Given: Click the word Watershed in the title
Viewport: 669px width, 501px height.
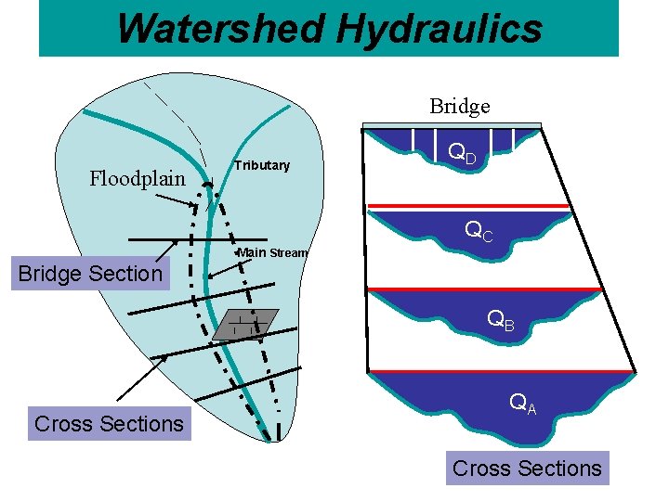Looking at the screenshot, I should (x=221, y=28).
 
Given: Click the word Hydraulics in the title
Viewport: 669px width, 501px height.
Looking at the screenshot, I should (x=439, y=28).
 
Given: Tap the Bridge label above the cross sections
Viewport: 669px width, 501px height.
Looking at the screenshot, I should (x=459, y=107).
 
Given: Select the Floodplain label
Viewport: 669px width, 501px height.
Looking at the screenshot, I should (x=138, y=178).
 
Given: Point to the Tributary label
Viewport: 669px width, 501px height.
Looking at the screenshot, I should (x=262, y=165).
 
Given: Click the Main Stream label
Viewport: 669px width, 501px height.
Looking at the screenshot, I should (x=272, y=252).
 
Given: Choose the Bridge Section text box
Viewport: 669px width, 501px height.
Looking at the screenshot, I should (x=90, y=274).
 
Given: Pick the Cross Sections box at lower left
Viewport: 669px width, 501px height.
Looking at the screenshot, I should (x=109, y=423).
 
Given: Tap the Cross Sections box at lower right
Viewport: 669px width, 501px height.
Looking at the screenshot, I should (x=527, y=469).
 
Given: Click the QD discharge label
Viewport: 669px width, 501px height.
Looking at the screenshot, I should (x=462, y=153).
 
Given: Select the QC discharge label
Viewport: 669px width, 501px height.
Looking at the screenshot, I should (x=479, y=231).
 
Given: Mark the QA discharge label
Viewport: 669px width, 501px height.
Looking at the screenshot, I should (x=522, y=405).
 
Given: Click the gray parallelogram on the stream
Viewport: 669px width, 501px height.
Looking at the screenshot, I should (x=245, y=324).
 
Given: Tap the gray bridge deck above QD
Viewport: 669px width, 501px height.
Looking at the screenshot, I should (x=452, y=125).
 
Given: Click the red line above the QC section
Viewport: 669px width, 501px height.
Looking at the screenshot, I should (x=469, y=205).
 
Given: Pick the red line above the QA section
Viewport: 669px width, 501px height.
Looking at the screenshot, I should (x=502, y=371).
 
